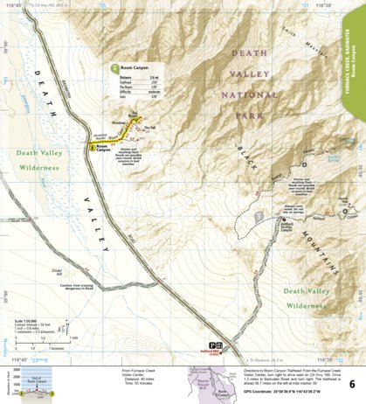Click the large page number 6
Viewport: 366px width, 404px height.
tap(351, 384)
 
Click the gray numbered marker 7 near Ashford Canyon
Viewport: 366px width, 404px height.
tap(259, 215)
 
